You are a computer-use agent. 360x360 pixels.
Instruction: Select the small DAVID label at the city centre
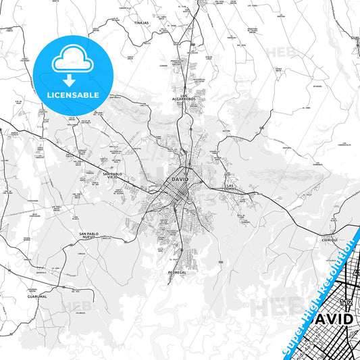pyautogui.click(x=180, y=180)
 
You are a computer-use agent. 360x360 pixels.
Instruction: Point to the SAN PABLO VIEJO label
pyautogui.click(x=112, y=176)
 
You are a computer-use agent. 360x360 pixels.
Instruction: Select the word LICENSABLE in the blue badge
pyautogui.click(x=72, y=95)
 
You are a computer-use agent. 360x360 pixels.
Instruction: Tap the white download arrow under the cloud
pyautogui.click(x=72, y=80)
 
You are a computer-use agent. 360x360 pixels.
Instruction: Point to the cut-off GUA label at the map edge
pyautogui.click(x=355, y=38)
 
